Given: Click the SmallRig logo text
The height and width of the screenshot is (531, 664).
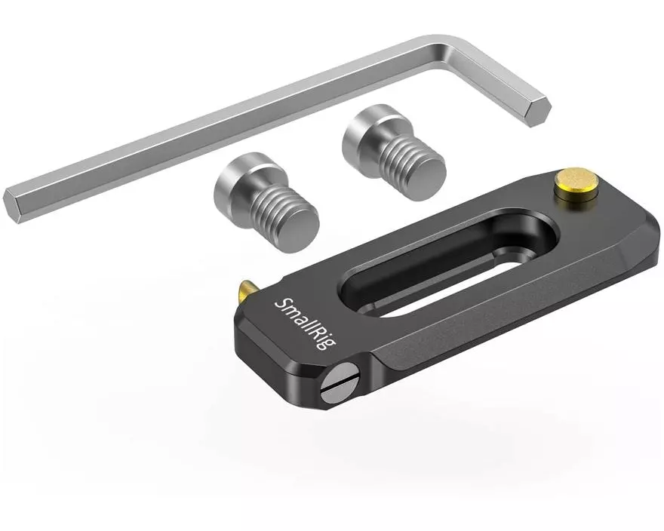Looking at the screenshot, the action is coord(306,323).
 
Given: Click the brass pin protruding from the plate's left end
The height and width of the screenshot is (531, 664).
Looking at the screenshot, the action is coord(246,291).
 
